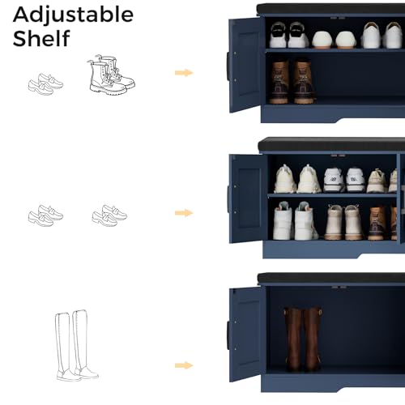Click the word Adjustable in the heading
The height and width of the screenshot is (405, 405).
(73, 14)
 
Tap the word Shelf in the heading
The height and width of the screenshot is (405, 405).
(41, 38)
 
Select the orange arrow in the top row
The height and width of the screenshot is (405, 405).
(185, 73)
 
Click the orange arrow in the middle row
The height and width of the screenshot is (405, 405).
(185, 213)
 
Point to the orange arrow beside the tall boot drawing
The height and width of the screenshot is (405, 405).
(185, 365)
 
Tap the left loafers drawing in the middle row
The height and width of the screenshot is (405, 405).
(45, 215)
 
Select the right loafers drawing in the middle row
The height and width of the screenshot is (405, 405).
(109, 215)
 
